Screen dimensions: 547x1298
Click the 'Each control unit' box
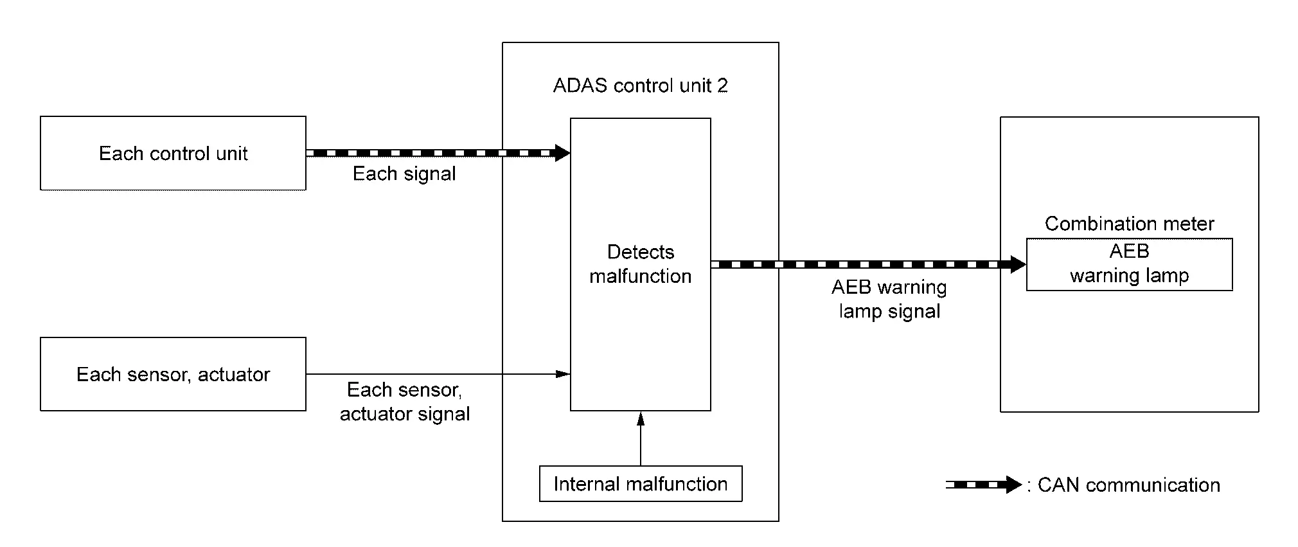[173, 153]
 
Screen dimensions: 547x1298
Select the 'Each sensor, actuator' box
[173, 374]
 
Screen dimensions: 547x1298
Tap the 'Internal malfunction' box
[640, 484]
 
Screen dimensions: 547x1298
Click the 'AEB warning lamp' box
[1129, 264]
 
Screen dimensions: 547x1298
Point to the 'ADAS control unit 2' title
[640, 85]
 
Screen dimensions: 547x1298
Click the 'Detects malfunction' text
[640, 264]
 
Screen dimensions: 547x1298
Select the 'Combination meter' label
[1129, 224]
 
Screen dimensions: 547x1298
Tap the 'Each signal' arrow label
[404, 174]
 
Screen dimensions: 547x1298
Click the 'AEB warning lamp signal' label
[889, 299]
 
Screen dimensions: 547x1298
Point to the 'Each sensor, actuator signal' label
[404, 402]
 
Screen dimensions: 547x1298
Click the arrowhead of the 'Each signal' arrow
[562, 153]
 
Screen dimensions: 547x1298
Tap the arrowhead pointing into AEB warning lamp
[1018, 264]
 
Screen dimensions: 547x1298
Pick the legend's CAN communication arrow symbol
[983, 485]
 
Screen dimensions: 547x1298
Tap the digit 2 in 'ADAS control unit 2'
[722, 85]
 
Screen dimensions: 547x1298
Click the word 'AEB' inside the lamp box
[1129, 251]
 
